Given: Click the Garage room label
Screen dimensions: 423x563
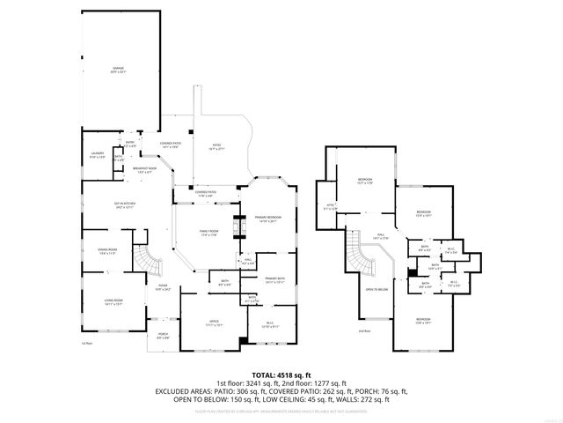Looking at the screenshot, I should pos(118,68).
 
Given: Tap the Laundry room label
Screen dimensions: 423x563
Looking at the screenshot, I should pos(97,154).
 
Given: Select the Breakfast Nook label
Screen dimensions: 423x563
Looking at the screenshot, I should pos(144,169).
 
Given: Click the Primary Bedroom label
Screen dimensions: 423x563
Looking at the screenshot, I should pos(267,219).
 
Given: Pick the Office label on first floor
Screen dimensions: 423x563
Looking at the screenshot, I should pos(214,322).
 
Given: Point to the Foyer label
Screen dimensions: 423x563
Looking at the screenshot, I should pos(163,287).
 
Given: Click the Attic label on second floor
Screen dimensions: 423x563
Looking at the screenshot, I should pos(331,206).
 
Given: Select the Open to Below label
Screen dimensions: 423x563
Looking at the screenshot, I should pos(377,288).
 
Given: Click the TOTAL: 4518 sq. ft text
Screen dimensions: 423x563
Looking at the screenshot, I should pos(281,375).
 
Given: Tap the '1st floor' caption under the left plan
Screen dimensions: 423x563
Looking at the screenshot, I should pos(86,343).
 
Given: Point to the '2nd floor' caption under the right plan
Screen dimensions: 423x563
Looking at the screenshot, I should pos(364,330).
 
